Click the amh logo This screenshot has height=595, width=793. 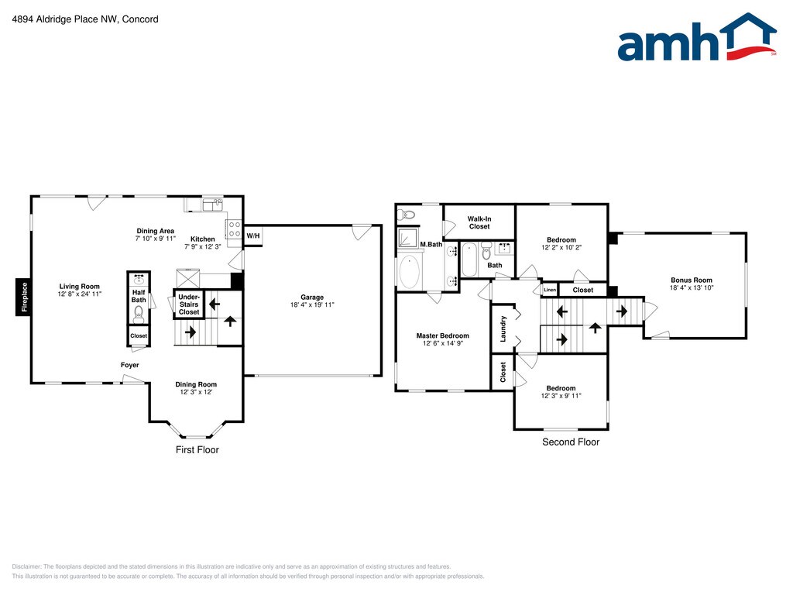click(x=697, y=37)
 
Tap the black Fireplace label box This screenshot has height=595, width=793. click(x=23, y=297)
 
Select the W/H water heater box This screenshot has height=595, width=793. click(x=253, y=236)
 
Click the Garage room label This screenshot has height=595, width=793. click(x=312, y=297)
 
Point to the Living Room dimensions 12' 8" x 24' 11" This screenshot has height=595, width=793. click(x=80, y=294)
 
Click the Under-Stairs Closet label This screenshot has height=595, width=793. click(x=189, y=304)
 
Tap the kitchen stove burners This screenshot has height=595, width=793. click(x=234, y=229)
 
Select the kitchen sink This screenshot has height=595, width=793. click(x=213, y=205)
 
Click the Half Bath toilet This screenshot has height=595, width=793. click(x=139, y=315)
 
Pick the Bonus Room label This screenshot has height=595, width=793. click(x=692, y=280)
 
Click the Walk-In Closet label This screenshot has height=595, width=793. click(x=479, y=222)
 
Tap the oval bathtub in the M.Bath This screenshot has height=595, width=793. click(x=410, y=271)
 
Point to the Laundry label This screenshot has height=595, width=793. click(x=503, y=328)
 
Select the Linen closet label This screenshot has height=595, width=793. click(x=550, y=290)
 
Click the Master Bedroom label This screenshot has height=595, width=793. click(x=442, y=335)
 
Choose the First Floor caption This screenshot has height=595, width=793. click(x=197, y=450)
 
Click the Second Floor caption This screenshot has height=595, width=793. click(x=571, y=442)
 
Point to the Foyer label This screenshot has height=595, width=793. click(x=129, y=365)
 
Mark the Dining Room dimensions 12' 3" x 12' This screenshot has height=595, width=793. click(x=196, y=392)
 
